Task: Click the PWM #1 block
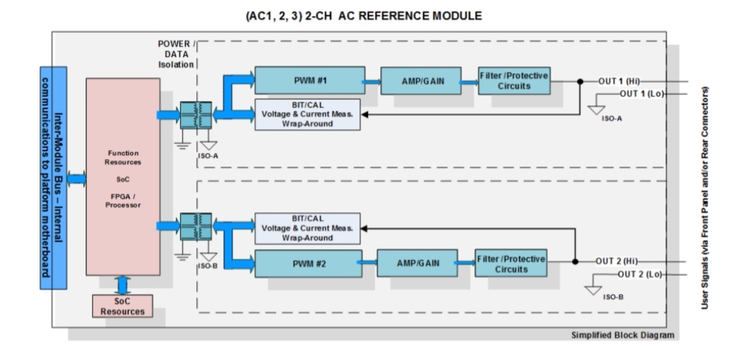click(x=310, y=80)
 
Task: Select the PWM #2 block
click(x=309, y=263)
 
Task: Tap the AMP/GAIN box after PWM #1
click(x=421, y=80)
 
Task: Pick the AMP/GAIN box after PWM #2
click(x=417, y=263)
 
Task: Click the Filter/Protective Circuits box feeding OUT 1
click(x=514, y=80)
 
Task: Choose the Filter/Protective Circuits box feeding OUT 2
click(x=510, y=263)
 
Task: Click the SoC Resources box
click(x=123, y=306)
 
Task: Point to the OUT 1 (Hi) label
click(x=619, y=81)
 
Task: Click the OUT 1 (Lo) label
click(x=642, y=94)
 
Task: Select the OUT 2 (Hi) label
click(x=616, y=261)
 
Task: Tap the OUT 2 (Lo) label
click(x=639, y=275)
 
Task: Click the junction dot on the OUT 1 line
click(x=580, y=81)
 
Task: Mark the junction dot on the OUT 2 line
click(x=575, y=261)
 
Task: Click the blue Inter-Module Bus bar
click(x=53, y=178)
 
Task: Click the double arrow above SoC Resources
click(x=123, y=286)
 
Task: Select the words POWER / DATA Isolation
click(x=176, y=54)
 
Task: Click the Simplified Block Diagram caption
click(x=622, y=335)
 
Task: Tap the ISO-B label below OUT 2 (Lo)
click(x=613, y=297)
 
